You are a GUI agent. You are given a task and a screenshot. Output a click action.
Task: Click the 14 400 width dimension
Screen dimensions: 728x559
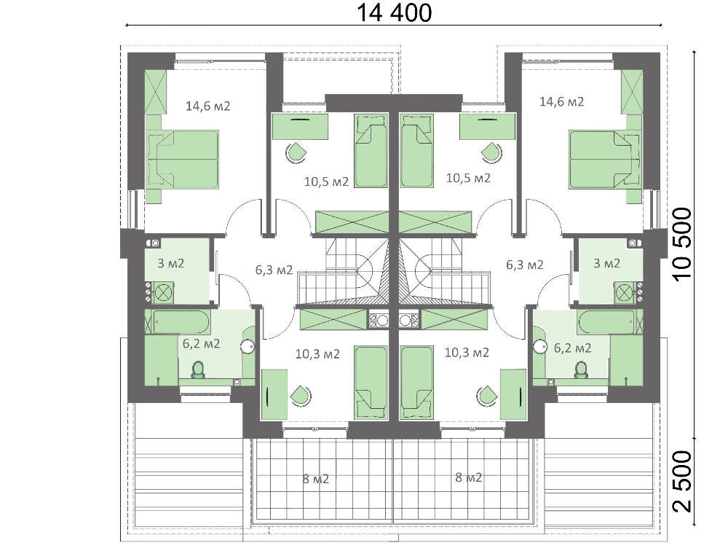coord(394,12)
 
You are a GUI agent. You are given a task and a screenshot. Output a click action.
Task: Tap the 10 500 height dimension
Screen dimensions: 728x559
coord(683,244)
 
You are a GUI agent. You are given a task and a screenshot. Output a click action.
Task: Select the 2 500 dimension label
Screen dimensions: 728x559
coord(683,481)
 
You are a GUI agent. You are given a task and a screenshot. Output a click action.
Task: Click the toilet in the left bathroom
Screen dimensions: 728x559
coord(198,370)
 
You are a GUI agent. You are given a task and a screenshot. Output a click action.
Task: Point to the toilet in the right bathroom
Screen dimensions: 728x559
coord(580,370)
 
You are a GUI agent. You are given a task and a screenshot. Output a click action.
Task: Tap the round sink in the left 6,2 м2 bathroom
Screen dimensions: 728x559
coord(248,346)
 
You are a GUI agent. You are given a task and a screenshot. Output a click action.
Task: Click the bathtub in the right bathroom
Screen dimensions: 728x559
coord(606,321)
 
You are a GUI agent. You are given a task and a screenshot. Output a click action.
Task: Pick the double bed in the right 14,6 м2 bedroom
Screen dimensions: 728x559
coord(604,160)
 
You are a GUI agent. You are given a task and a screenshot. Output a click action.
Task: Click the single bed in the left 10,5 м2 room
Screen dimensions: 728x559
coord(371,151)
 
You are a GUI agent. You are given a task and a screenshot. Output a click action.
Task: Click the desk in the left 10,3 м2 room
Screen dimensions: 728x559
coord(274,394)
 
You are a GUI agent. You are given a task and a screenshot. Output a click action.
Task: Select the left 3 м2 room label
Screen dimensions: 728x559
coord(171,264)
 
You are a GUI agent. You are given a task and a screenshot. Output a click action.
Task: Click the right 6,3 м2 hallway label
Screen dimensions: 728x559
coord(525,265)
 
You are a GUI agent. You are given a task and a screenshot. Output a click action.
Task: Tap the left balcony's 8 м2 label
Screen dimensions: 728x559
coord(316,479)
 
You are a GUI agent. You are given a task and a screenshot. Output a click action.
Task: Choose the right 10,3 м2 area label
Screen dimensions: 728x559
coord(467,353)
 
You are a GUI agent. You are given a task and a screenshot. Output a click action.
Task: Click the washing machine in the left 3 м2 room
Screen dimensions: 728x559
coord(162,292)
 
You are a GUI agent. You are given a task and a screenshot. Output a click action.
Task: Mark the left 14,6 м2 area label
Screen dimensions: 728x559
coord(208,106)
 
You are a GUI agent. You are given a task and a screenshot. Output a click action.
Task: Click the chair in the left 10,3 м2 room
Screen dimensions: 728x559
coord(301,396)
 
